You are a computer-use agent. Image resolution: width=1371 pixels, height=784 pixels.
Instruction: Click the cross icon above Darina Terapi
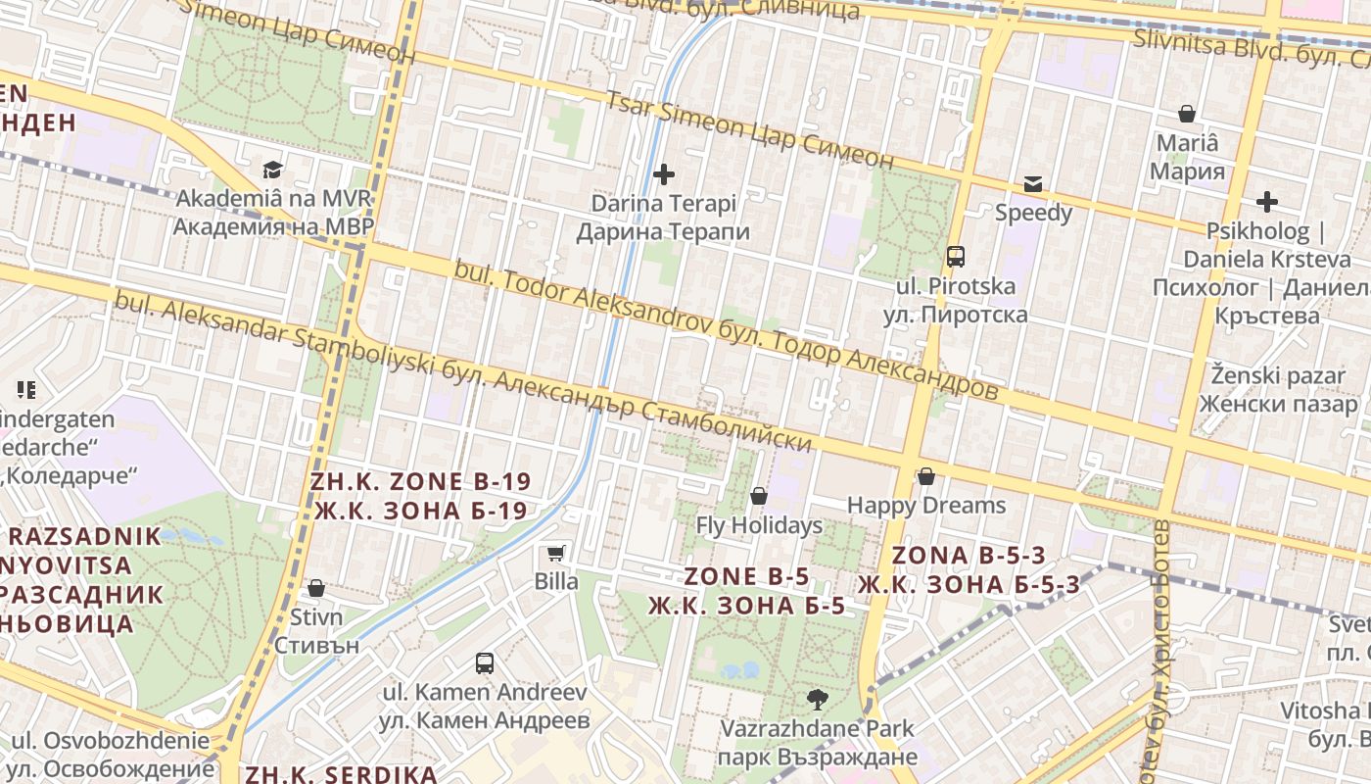click(664, 175)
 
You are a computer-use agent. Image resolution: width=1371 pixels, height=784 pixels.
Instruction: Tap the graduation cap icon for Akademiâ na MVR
click(272, 170)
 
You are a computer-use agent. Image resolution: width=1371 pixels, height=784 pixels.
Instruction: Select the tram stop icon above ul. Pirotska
click(956, 257)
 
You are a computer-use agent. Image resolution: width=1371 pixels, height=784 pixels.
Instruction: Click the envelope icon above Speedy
click(1033, 183)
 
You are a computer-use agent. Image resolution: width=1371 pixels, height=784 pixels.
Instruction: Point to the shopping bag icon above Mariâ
click(1187, 114)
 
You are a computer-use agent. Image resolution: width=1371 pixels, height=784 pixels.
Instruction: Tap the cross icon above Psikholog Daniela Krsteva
click(1267, 203)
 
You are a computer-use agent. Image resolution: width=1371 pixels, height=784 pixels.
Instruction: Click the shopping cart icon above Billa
click(556, 554)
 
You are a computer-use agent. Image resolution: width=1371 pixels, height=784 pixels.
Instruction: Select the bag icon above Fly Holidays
click(758, 497)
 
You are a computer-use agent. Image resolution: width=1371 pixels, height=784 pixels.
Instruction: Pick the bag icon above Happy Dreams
click(925, 477)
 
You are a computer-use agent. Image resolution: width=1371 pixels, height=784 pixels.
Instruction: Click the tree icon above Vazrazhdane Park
click(817, 700)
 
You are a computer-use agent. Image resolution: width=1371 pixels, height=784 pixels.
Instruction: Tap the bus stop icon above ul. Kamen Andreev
click(485, 663)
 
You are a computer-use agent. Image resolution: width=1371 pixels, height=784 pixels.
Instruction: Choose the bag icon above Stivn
click(316, 588)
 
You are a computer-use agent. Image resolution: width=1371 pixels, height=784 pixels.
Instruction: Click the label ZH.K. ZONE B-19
click(420, 496)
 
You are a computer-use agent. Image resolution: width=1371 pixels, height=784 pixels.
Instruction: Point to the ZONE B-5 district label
click(747, 591)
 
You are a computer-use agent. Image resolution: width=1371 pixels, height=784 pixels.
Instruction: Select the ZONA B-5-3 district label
click(969, 570)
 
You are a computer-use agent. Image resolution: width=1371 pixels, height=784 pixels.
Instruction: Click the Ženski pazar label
click(1278, 389)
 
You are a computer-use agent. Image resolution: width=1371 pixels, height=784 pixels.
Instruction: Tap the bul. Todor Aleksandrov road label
click(726, 328)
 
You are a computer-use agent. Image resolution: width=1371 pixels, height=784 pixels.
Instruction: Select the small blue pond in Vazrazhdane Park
click(741, 671)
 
